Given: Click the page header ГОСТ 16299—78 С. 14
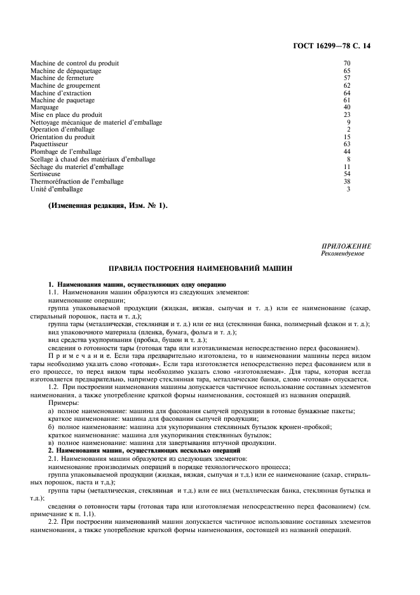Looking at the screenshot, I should [339, 46].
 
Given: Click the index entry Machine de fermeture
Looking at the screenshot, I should [58, 78].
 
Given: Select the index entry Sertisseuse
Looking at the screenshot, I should [45, 174].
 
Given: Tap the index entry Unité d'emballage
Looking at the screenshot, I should [56, 189].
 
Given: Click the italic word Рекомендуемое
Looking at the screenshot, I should [344, 253].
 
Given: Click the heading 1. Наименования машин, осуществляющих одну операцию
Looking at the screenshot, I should [137, 284].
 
